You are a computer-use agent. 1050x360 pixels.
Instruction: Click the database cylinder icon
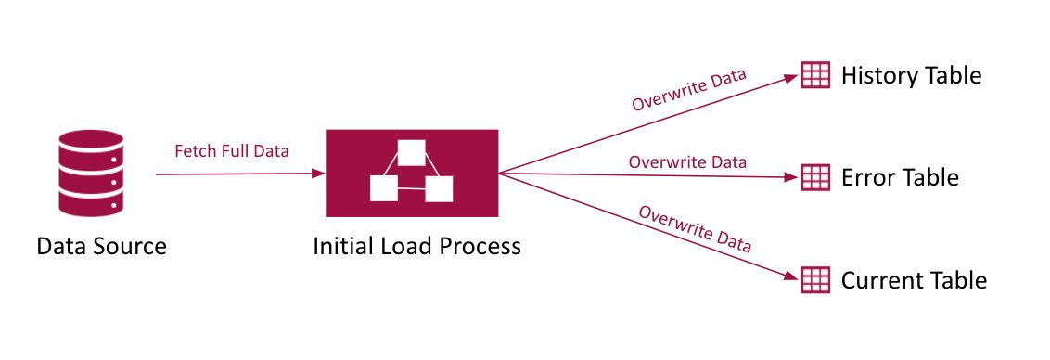(x=90, y=173)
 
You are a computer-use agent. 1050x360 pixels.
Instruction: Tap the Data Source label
(x=101, y=247)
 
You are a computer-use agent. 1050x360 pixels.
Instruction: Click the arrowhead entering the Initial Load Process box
(x=320, y=174)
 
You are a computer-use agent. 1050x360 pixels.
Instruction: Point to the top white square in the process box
(x=411, y=152)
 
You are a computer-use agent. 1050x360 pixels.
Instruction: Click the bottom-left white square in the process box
(x=383, y=188)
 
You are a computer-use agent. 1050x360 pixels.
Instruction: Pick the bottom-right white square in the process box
(x=439, y=188)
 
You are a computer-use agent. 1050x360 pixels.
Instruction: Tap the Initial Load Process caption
(x=416, y=247)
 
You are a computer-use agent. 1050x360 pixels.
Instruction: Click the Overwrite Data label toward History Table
(x=689, y=90)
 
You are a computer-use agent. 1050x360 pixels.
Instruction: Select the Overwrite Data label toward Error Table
(x=687, y=161)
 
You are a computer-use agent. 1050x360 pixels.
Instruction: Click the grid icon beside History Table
(x=815, y=76)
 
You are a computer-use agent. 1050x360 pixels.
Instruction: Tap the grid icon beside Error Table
(x=815, y=177)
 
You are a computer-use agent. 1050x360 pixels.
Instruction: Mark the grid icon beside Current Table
(x=815, y=278)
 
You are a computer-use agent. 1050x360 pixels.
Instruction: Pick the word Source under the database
(x=128, y=247)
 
